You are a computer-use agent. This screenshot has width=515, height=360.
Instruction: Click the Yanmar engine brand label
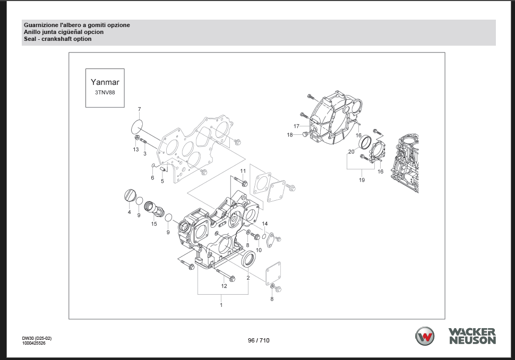(x=105, y=82)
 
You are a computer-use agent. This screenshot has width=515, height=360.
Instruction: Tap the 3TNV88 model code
(x=105, y=92)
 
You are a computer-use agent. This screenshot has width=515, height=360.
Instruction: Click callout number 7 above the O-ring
(x=140, y=109)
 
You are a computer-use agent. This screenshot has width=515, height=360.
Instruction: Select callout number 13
(x=136, y=149)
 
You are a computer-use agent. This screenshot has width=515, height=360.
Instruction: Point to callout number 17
(x=297, y=126)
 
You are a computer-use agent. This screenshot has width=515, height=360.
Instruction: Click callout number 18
(x=290, y=135)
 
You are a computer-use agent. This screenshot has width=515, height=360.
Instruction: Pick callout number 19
(x=362, y=180)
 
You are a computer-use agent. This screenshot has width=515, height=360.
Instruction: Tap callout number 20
(x=351, y=152)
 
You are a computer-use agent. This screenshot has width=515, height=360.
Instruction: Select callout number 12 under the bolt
(x=224, y=286)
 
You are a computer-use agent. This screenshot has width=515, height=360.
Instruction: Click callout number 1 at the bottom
(x=221, y=305)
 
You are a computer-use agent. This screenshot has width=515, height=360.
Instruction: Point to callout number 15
(x=154, y=224)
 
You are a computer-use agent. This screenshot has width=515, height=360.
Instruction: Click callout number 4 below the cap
(x=129, y=212)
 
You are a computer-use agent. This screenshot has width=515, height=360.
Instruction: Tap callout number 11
(x=243, y=170)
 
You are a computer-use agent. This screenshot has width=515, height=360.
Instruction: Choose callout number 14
(x=265, y=224)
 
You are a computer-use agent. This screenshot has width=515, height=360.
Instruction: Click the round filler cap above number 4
(x=130, y=195)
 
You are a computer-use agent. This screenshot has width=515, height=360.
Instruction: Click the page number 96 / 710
(x=259, y=340)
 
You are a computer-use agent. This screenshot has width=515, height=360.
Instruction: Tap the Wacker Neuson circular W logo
(x=424, y=337)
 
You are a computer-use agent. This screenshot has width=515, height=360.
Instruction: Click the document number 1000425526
(x=33, y=343)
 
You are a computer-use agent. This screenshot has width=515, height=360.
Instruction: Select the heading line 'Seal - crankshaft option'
(x=57, y=39)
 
